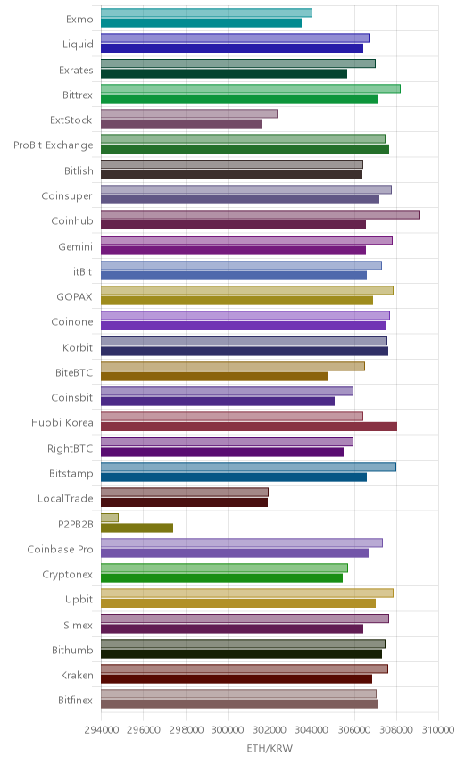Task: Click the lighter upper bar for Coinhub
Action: point(260,215)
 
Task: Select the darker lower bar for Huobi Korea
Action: point(249,427)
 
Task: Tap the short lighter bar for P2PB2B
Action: point(110,518)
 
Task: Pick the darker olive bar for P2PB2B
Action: point(137,527)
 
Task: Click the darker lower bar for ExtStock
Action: point(181,124)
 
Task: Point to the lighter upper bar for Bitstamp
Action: point(248,468)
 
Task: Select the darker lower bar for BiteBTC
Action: point(214,377)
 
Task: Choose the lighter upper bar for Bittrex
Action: point(251,88)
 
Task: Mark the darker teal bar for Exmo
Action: point(201,23)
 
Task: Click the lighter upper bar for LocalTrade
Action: point(185,492)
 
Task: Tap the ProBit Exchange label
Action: point(53,145)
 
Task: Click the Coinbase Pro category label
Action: point(60,550)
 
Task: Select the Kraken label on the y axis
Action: point(77,676)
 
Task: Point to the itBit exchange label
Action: point(82,271)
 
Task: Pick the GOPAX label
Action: point(75,296)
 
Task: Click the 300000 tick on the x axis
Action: point(228,730)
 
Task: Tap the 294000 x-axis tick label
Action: point(101,730)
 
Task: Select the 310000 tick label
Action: point(438,730)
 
